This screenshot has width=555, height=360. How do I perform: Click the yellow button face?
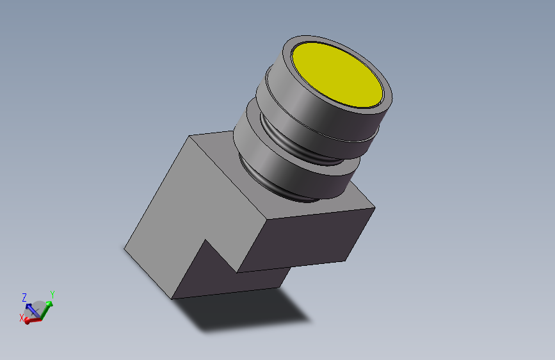[x=337, y=75]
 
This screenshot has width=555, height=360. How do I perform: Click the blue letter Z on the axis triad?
[x=24, y=297]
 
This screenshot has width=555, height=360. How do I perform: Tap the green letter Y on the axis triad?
[x=52, y=295]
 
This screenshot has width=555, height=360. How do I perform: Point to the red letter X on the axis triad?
[x=22, y=318]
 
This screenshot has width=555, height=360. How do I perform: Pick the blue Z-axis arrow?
[x=32, y=310]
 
